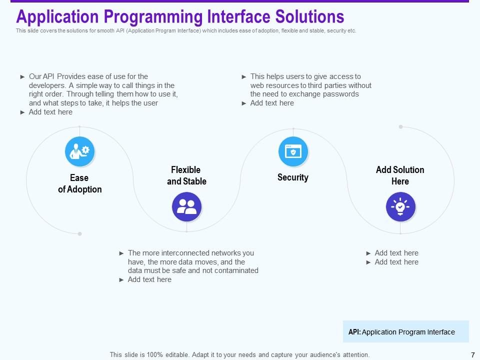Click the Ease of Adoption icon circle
(80, 151)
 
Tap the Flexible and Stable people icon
(186, 206)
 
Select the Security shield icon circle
(293, 151)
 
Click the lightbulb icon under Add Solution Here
(400, 206)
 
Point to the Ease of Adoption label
(79, 183)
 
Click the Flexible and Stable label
(186, 175)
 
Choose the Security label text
(293, 177)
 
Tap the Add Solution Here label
(400, 175)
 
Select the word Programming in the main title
(152, 16)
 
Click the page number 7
(473, 355)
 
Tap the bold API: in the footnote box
(354, 332)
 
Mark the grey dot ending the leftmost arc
(79, 233)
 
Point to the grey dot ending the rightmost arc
(400, 127)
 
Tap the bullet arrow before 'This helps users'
(244, 77)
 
